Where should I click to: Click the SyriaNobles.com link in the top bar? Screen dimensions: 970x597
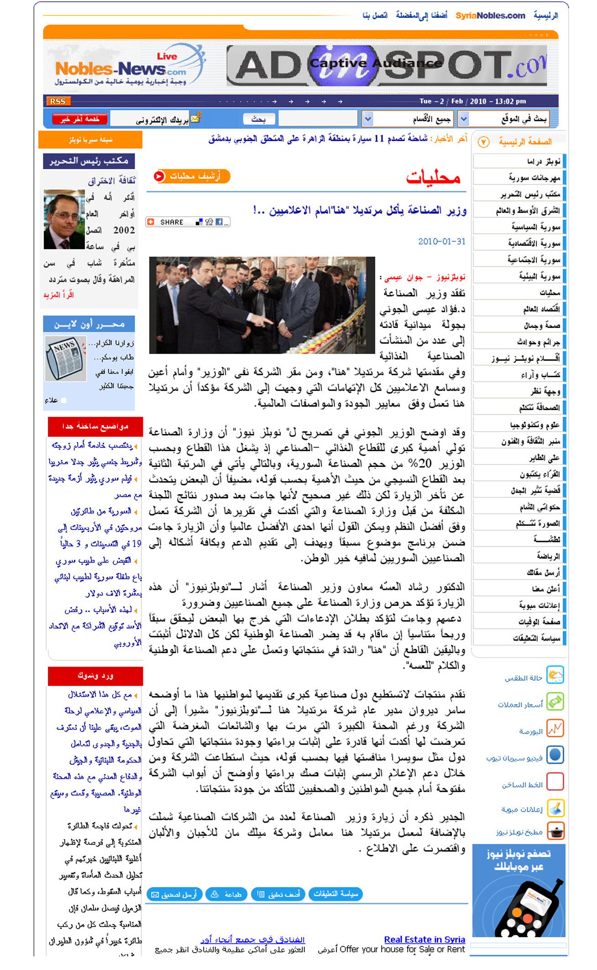pyautogui.click(x=490, y=16)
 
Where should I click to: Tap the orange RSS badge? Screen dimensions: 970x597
pyautogui.click(x=58, y=101)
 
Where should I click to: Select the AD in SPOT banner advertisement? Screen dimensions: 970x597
pyautogui.click(x=386, y=65)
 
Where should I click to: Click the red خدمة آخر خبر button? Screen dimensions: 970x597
pyautogui.click(x=79, y=119)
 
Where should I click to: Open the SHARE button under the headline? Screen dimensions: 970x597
pyautogui.click(x=188, y=222)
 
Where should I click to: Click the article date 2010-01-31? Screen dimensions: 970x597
pyautogui.click(x=441, y=241)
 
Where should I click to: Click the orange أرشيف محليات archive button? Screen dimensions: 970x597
pyautogui.click(x=192, y=176)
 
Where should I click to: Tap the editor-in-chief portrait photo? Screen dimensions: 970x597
pyautogui.click(x=64, y=219)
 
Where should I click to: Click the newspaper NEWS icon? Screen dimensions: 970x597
pyautogui.click(x=66, y=358)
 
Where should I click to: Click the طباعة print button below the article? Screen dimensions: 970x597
pyautogui.click(x=226, y=894)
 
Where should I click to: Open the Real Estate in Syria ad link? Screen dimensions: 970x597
pyautogui.click(x=424, y=939)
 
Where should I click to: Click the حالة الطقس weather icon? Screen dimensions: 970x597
pyautogui.click(x=555, y=675)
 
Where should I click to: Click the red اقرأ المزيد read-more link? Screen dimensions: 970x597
pyautogui.click(x=58, y=295)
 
